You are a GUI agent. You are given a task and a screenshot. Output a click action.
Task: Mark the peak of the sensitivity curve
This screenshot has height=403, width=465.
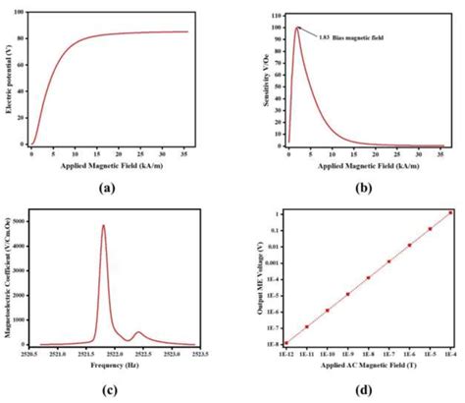[x=297, y=27]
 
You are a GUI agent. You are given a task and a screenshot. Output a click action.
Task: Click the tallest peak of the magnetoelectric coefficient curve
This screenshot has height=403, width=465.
[x=103, y=225]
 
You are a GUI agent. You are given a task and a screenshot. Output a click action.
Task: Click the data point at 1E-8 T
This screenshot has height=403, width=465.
[x=368, y=278]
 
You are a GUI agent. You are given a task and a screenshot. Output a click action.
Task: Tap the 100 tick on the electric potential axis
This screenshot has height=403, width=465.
[x=22, y=15]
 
